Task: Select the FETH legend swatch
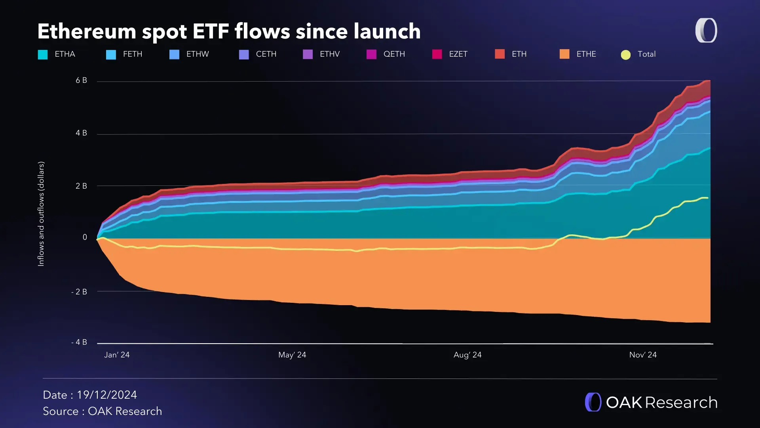coord(111,55)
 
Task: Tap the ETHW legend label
coord(198,54)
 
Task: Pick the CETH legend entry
coord(258,54)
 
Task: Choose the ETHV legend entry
coord(321,54)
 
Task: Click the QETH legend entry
coord(386,54)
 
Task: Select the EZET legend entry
coord(450,54)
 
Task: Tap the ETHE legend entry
coord(578,54)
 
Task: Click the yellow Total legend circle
coord(625,55)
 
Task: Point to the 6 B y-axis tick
coord(81,80)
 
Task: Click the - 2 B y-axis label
coord(79,292)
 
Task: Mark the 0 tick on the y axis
coord(85,237)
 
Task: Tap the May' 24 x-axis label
coord(292,355)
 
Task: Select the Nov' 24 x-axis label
coord(643,355)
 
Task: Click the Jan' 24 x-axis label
coord(117,355)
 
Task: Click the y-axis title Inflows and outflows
coord(41,214)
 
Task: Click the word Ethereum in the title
coord(87,32)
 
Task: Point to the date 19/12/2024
coord(107,395)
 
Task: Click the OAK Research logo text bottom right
coord(661,403)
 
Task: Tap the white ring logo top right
coord(706,31)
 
